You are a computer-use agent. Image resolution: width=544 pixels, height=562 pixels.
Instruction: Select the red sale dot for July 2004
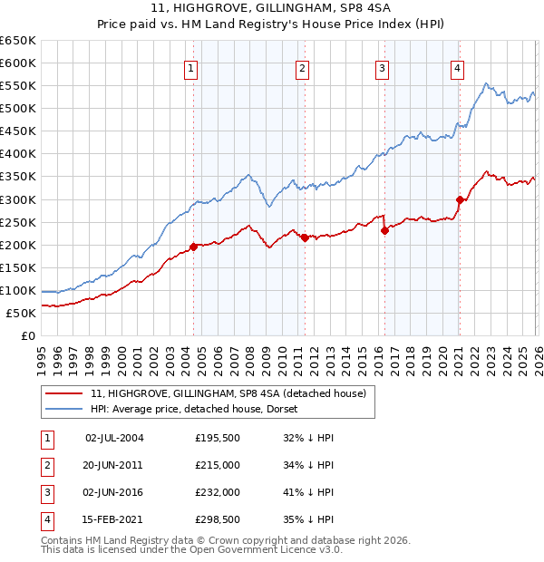pos(193,247)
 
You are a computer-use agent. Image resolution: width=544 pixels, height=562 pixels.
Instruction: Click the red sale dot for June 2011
pos(305,237)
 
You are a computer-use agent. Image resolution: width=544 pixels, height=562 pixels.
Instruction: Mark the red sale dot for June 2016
pos(384,230)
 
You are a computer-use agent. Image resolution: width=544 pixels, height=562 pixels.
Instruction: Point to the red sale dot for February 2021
pos(460,199)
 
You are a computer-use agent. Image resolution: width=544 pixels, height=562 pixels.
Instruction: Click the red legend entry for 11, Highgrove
pos(227,393)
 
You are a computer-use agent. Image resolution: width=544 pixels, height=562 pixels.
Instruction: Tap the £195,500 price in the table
pos(218,438)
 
